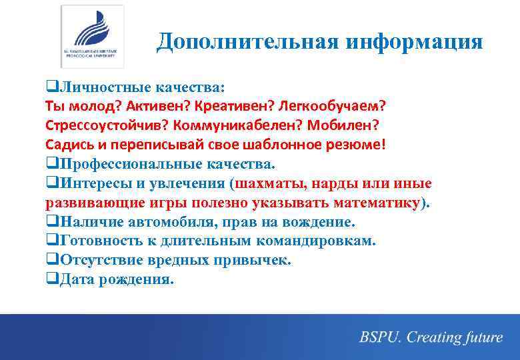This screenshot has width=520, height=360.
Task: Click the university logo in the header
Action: tap(92, 36)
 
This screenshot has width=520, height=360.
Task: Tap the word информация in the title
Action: tap(414, 42)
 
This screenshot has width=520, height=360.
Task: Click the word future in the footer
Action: tap(479, 337)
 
